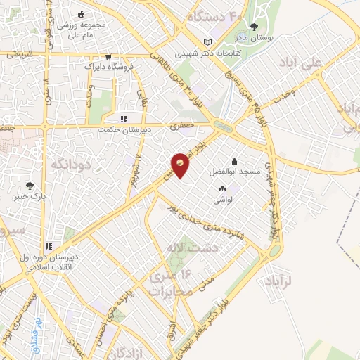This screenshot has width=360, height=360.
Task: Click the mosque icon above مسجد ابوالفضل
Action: pos(233,160)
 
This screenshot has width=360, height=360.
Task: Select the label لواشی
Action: pos(224,198)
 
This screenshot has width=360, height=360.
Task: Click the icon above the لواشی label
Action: pos(223,188)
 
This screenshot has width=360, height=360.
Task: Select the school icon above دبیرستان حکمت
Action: pos(124,119)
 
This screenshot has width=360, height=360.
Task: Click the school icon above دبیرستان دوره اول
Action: pos(49,246)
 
